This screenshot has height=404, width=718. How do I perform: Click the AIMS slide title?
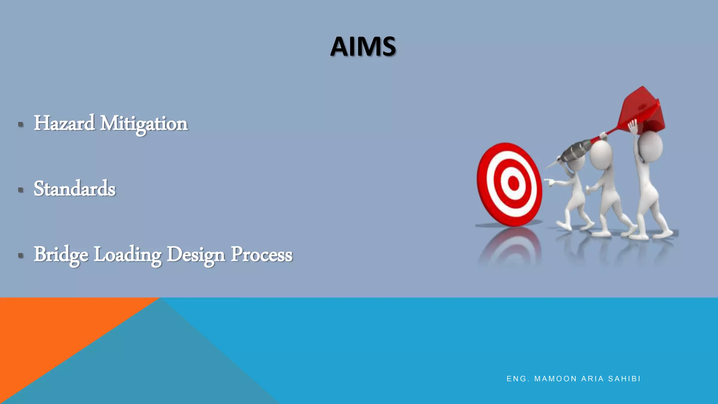tap(363, 47)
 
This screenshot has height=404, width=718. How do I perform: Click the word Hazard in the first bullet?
tap(64, 123)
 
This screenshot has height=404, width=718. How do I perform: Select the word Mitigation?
tap(144, 124)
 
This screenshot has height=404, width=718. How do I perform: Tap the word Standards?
tap(74, 189)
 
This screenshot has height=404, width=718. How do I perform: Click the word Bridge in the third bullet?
tap(61, 255)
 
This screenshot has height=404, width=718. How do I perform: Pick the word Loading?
tap(128, 255)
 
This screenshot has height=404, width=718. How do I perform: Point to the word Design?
tap(196, 255)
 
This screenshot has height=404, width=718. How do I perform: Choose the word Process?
tap(262, 255)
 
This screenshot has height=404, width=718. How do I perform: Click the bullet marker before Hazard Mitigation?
tap(21, 124)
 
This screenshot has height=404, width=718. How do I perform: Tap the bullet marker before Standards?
tap(21, 190)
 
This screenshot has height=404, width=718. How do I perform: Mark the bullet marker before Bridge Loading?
tap(21, 255)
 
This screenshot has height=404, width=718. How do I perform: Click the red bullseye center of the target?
tap(513, 183)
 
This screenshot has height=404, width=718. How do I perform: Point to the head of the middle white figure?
tap(601, 154)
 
